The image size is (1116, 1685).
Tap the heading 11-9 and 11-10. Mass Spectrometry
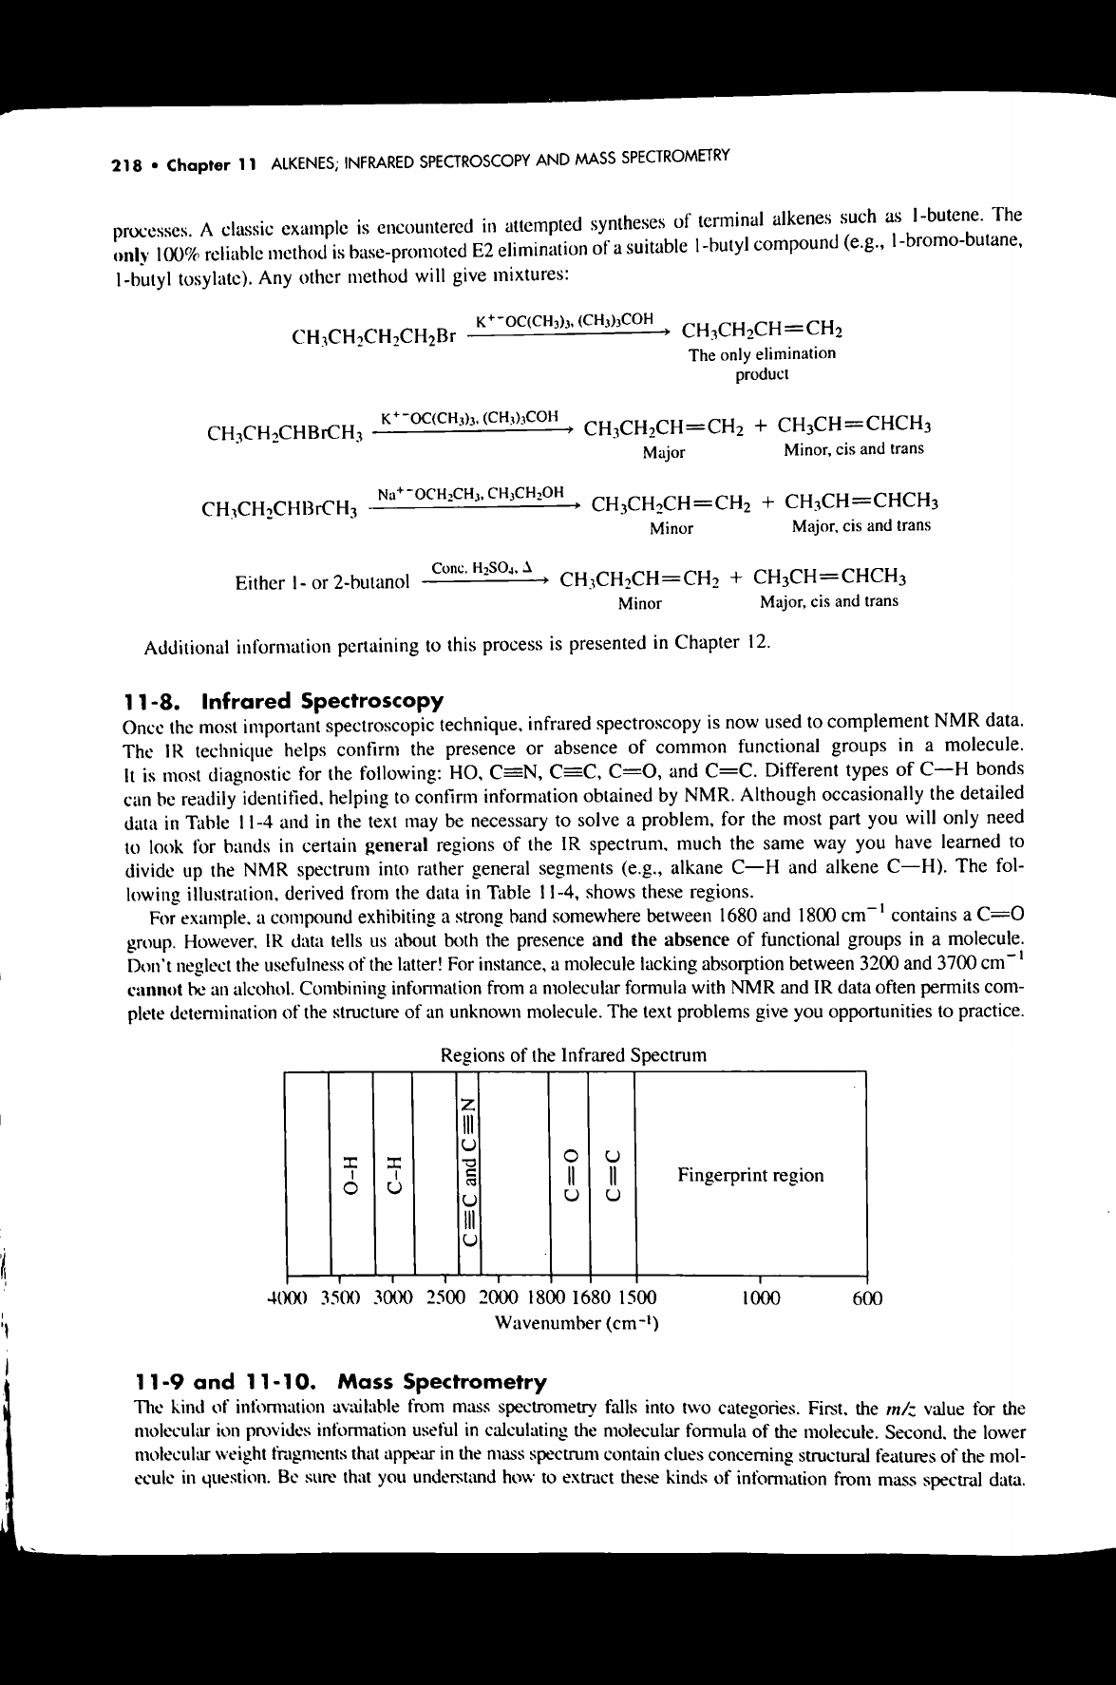coord(341,1381)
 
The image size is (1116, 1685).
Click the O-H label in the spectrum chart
coord(352,1173)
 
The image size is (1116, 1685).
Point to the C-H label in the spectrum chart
coord(394,1173)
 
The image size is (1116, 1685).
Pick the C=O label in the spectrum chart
coord(570,1173)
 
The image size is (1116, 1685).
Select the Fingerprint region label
coord(750,1175)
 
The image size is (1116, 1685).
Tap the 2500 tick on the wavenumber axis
coord(446,1297)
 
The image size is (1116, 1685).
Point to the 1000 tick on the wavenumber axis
coord(760,1297)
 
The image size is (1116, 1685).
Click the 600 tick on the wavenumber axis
coord(867,1297)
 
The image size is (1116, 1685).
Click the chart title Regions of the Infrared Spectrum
coord(574,1055)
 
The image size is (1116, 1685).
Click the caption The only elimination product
coord(763,364)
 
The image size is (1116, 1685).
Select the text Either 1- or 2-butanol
coord(322,581)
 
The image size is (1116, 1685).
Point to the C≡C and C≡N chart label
coord(468,1173)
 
